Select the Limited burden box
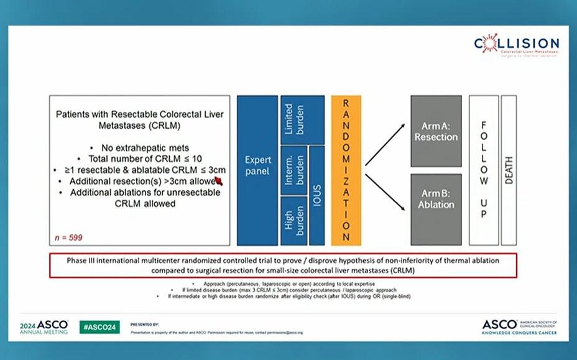[302, 119]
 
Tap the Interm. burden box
[293, 169]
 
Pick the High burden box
[293, 221]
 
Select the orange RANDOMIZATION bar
[346, 170]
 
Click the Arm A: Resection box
[436, 132]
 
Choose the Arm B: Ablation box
[436, 200]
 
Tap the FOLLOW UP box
[484, 170]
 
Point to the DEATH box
[509, 170]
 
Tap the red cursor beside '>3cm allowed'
[218, 181]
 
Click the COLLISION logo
[516, 45]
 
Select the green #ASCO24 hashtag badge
[99, 327]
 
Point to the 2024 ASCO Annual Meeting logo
[44, 327]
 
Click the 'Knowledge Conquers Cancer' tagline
[519, 333]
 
